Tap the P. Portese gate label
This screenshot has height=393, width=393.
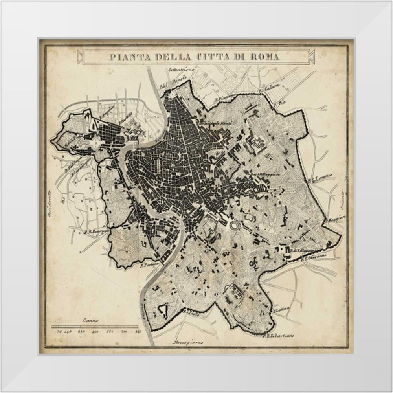click(149, 266)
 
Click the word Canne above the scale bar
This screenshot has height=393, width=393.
click(90, 320)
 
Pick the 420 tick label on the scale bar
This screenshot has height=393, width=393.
click(94, 332)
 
